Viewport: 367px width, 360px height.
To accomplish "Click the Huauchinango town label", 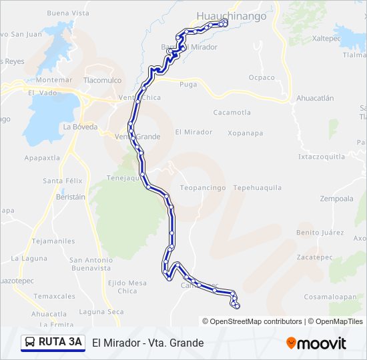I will tap(232, 15).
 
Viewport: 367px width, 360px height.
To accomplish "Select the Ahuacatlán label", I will tap(315, 97).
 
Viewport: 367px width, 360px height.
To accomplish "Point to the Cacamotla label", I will tap(232, 113).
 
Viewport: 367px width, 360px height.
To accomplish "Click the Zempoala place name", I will tap(336, 199).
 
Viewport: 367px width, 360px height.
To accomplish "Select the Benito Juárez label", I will tap(318, 233).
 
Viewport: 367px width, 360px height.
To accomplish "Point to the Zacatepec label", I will tap(314, 256).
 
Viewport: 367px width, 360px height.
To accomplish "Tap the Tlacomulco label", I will tap(103, 80).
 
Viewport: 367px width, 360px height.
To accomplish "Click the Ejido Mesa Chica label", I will tap(127, 287).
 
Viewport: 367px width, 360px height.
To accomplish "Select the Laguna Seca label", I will tap(101, 311).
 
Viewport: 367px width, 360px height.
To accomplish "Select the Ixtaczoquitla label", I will tap(322, 157).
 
